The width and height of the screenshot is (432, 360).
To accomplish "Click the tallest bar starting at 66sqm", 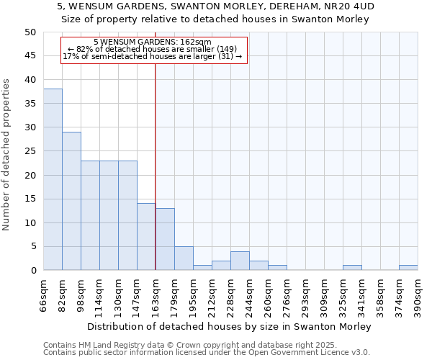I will coord(53,179).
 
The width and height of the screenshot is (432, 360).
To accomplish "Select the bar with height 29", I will coord(71,201).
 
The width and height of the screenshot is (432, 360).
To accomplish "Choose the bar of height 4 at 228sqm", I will coord(240,261).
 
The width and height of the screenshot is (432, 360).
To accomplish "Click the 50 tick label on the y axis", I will coord(30,32).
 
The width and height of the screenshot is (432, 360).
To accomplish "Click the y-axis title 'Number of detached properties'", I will coord(6,154).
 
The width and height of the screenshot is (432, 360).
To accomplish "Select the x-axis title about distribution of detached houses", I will coord(230,326).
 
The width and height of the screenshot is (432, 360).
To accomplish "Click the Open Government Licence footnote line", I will coord(206,353).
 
